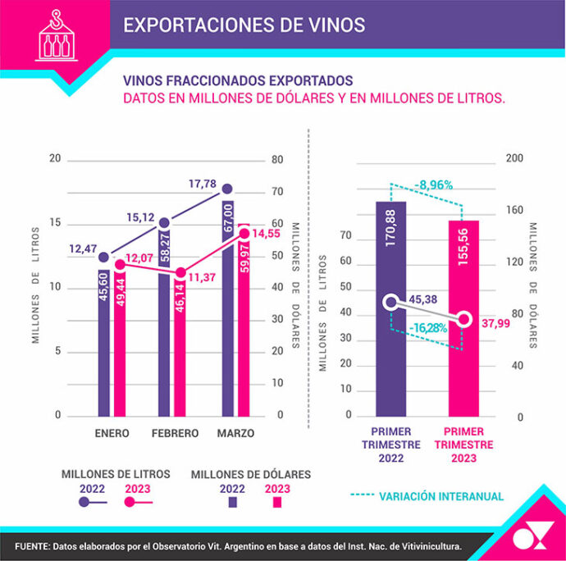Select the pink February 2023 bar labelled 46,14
(x=180, y=344)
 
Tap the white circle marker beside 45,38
(x=390, y=302)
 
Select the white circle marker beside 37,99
(x=465, y=319)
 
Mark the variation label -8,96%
(x=432, y=185)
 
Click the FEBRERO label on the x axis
(x=173, y=433)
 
